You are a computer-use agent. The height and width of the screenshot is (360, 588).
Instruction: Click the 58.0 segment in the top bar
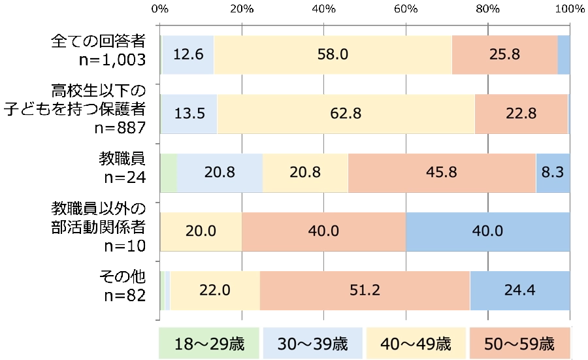pyautogui.click(x=333, y=54)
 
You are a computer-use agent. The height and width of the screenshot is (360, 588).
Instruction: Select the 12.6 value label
pyautogui.click(x=187, y=54)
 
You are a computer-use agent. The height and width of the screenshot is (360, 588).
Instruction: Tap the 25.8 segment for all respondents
pyautogui.click(x=504, y=54)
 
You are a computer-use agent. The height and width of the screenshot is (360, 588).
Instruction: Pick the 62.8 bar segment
pyautogui.click(x=346, y=113)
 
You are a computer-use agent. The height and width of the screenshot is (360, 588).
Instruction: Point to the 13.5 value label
pyautogui.click(x=190, y=113)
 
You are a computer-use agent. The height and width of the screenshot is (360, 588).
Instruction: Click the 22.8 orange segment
pyautogui.click(x=521, y=113)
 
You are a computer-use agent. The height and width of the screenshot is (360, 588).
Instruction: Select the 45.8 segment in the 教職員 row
pyautogui.click(x=442, y=172)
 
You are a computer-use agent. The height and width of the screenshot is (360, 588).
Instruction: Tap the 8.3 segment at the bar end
pyautogui.click(x=553, y=172)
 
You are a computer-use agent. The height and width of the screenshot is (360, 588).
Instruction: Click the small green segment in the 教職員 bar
pyautogui.click(x=169, y=172)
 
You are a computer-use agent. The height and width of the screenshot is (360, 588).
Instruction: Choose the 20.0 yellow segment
pyautogui.click(x=201, y=231)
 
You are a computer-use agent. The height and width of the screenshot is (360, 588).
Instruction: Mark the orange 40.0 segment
pyautogui.click(x=323, y=231)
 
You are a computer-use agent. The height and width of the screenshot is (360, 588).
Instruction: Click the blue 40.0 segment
pyautogui.click(x=487, y=231)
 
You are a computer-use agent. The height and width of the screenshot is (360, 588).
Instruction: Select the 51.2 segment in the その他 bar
pyautogui.click(x=365, y=290)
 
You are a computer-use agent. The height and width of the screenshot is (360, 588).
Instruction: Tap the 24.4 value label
pyautogui.click(x=519, y=290)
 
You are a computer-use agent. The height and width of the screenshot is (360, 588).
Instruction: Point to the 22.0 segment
pyautogui.click(x=214, y=290)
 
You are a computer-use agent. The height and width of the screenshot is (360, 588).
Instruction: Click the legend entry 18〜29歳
pyautogui.click(x=209, y=343)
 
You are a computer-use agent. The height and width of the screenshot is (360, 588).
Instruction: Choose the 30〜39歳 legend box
pyautogui.click(x=312, y=343)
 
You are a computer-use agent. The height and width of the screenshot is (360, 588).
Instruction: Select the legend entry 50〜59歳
pyautogui.click(x=519, y=343)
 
